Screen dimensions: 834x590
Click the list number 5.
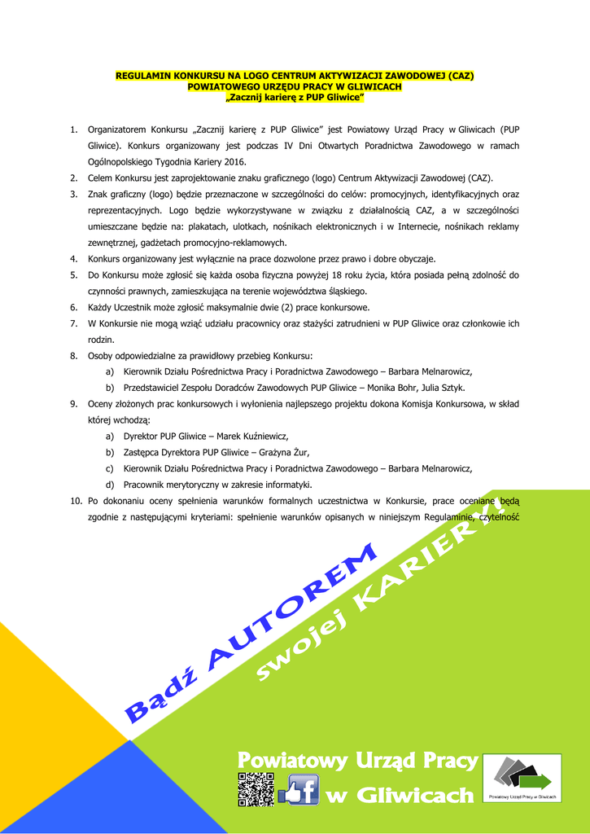pyautogui.click(x=73, y=274)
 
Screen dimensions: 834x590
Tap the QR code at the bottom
pyautogui.click(x=256, y=788)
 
